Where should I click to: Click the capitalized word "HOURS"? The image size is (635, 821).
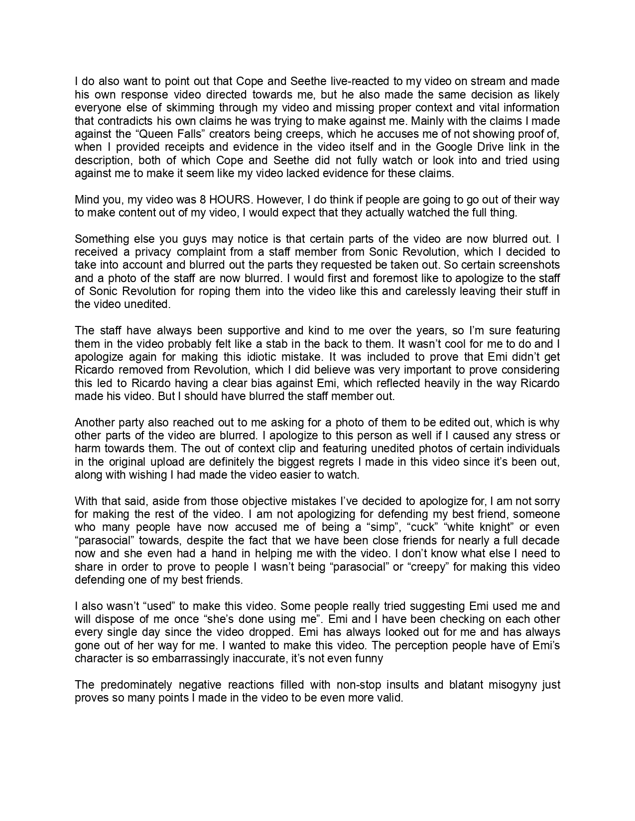231,200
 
